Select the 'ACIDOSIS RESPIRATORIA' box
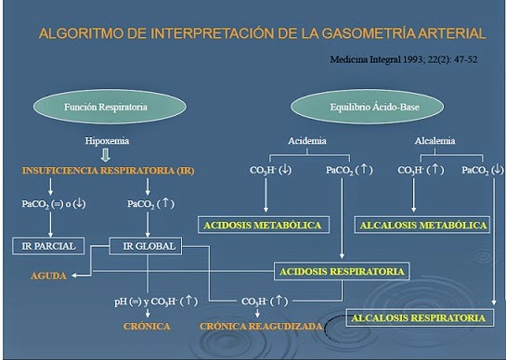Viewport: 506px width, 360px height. click(342, 272)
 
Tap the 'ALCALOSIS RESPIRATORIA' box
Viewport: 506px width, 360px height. click(418, 318)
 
